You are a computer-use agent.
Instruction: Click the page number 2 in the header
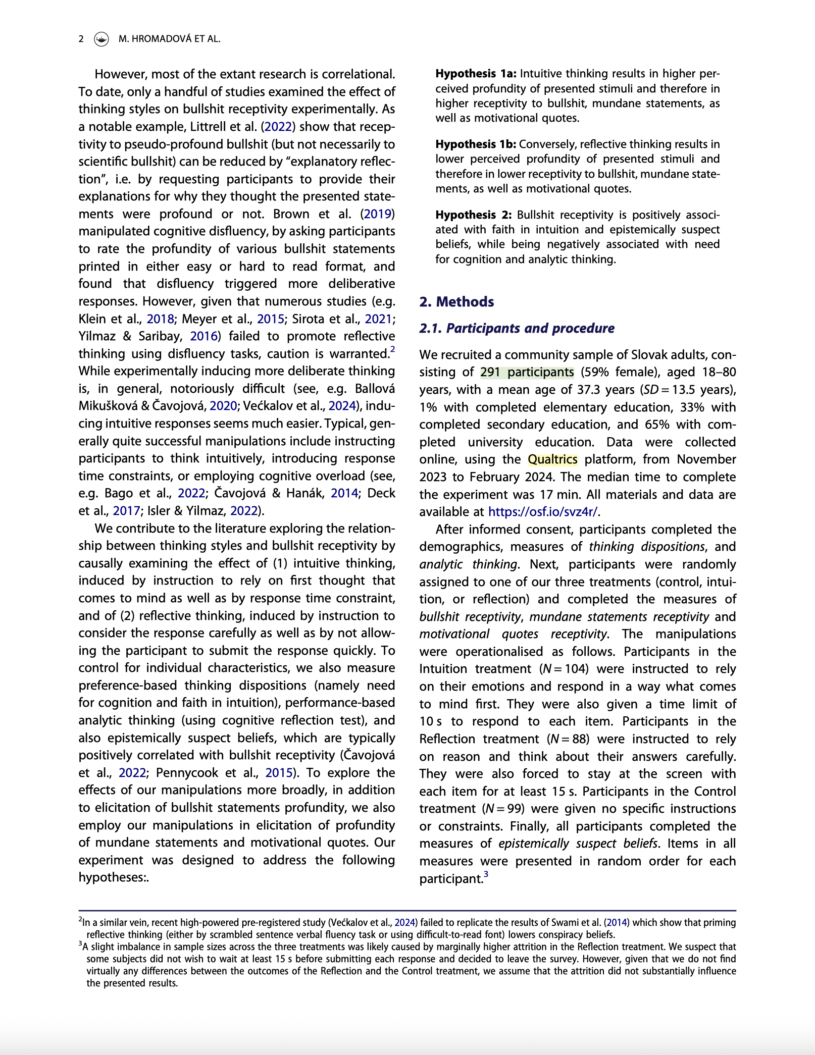pyautogui.click(x=81, y=39)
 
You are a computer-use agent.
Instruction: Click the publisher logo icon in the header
pyautogui.click(x=101, y=39)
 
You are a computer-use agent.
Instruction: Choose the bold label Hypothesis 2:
pyautogui.click(x=474, y=215)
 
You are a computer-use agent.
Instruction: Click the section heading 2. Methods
pyautogui.click(x=456, y=302)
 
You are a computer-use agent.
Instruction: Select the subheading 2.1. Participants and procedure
pyautogui.click(x=517, y=328)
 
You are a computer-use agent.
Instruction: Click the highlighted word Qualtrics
pyautogui.click(x=552, y=459)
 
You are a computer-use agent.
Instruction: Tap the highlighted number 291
pyautogui.click(x=490, y=372)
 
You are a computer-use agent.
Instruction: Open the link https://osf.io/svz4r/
pyautogui.click(x=543, y=512)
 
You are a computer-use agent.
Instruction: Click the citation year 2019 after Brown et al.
pyautogui.click(x=378, y=214)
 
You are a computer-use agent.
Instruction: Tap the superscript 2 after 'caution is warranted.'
pyautogui.click(x=392, y=349)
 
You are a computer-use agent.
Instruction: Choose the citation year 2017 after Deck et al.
pyautogui.click(x=126, y=511)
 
